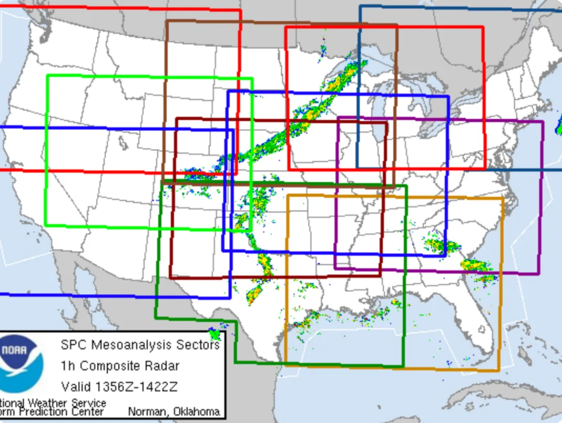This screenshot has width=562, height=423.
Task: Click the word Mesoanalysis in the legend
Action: pyautogui.click(x=139, y=345)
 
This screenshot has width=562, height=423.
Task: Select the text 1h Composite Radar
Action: pyautogui.click(x=120, y=366)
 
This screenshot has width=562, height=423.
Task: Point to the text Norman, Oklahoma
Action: pyautogui.click(x=174, y=412)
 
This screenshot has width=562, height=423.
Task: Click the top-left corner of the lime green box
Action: pyautogui.click(x=48, y=76)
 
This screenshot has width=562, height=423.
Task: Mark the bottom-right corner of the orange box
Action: pyautogui.click(x=499, y=370)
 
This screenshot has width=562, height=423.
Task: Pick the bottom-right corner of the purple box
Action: pyautogui.click(x=539, y=273)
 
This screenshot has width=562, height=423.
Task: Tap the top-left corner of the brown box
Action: pyautogui.click(x=167, y=21)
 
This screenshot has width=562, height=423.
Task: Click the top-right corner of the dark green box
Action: pyautogui.click(x=406, y=186)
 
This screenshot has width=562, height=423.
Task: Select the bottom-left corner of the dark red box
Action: pyautogui.click(x=170, y=277)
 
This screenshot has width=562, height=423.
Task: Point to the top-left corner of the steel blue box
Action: pyautogui.click(x=360, y=7)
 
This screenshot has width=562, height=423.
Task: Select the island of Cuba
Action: pyautogui.click(x=499, y=400)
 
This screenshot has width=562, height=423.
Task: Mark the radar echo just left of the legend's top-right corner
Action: pyautogui.click(x=215, y=332)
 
